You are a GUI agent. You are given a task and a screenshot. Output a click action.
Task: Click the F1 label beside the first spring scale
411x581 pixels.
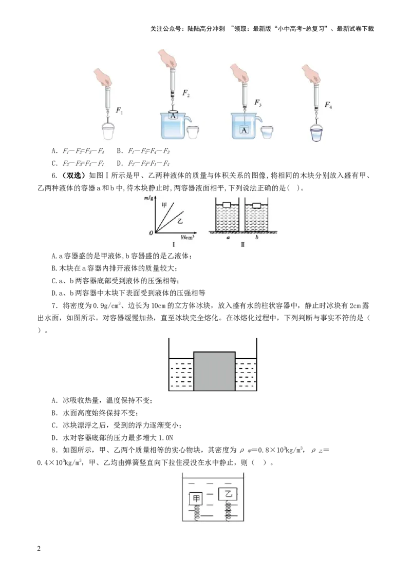click(x=119, y=110)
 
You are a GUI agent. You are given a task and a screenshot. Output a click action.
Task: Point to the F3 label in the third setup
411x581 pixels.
click(x=258, y=103)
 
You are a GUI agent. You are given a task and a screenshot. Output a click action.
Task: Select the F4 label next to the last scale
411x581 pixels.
click(x=328, y=105)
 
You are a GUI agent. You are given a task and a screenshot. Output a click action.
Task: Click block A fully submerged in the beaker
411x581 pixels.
click(x=244, y=130)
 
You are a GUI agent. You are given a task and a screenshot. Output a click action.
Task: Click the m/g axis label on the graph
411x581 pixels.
click(x=149, y=199)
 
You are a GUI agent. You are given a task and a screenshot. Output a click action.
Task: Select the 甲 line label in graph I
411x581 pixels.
click(x=164, y=204)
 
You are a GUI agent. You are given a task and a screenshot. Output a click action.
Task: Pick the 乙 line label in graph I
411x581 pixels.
click(x=180, y=221)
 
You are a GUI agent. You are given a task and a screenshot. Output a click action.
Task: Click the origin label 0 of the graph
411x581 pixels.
click(x=151, y=233)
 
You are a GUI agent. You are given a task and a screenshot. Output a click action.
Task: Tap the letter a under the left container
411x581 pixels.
click(x=228, y=238)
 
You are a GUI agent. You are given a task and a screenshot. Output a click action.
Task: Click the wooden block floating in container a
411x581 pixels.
click(x=227, y=205)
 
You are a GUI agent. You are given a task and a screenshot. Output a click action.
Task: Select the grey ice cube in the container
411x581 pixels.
click(x=214, y=371)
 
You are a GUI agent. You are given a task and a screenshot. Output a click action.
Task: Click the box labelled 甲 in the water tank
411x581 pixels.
click(x=196, y=498)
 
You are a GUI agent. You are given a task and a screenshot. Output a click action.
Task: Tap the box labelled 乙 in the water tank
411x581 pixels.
click(x=228, y=494)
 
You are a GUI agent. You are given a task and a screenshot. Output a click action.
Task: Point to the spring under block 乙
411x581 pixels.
click(x=229, y=510)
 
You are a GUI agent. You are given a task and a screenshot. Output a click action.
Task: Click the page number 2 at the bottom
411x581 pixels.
click(x=39, y=549)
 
